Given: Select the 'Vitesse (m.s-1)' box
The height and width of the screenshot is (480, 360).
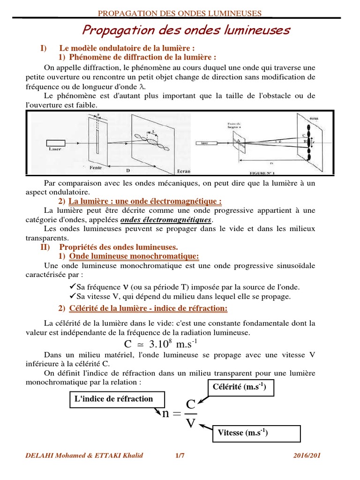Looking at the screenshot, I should coord(256,433).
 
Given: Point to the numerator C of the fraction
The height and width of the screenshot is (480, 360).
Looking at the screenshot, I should coord(191,404).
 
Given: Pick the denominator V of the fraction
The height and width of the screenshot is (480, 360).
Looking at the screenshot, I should coord(191,423).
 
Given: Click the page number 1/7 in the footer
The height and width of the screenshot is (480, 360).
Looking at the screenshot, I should coord(180,455).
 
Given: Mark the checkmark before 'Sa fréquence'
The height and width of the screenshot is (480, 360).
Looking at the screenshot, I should coord(65,286).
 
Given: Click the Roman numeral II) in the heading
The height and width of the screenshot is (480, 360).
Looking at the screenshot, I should coord(46,247).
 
